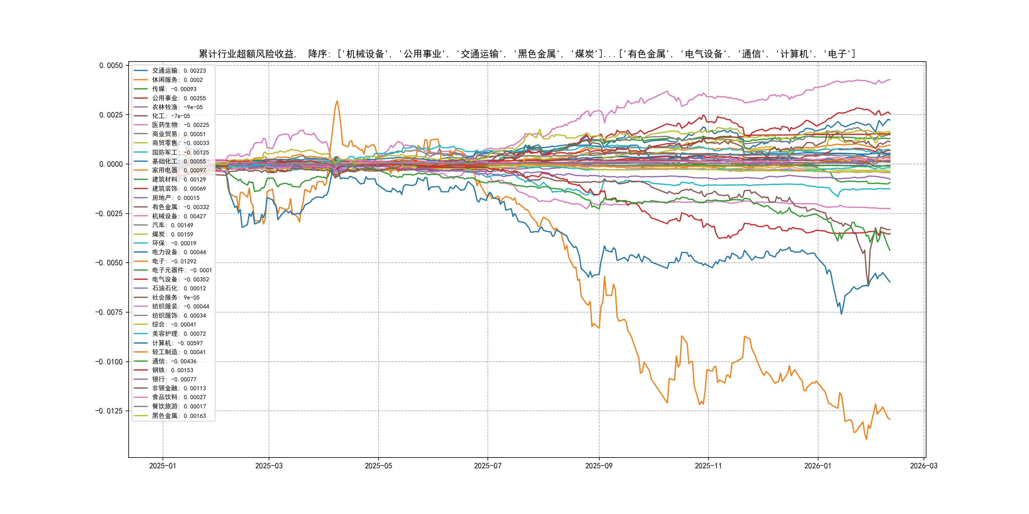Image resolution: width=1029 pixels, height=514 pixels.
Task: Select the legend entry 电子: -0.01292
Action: [x=174, y=261]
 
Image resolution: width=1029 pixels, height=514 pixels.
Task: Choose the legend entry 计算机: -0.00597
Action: [x=177, y=343]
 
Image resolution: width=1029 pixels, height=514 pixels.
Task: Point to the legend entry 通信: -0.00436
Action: [x=174, y=361]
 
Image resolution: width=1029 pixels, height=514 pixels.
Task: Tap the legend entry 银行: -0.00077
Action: [x=174, y=379]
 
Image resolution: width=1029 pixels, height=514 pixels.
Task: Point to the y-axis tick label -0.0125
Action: [x=109, y=411]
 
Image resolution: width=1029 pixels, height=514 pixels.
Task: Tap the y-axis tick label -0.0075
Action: [x=109, y=312]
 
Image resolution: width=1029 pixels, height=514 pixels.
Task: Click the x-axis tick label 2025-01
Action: [x=163, y=466]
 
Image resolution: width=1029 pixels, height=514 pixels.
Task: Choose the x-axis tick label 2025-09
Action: [x=599, y=466]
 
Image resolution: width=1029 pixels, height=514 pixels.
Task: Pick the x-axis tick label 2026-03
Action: [x=924, y=466]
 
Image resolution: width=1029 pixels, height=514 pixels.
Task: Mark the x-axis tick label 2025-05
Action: [x=378, y=466]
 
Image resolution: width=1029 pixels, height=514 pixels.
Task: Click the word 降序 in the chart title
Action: [x=318, y=54]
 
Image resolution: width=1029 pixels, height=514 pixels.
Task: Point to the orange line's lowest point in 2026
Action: [x=866, y=439]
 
